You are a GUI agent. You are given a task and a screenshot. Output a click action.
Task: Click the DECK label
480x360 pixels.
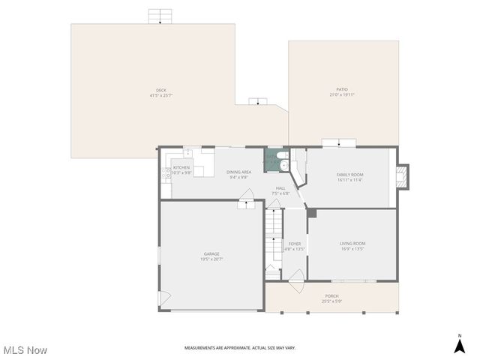[161, 90]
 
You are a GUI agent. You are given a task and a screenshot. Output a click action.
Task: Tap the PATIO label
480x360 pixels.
[342, 89]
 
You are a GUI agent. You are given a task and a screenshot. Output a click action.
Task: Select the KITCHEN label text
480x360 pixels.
[181, 167]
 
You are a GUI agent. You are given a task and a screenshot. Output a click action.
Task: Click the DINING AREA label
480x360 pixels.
[238, 172]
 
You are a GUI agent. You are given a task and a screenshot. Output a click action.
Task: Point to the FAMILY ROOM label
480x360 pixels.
[349, 175]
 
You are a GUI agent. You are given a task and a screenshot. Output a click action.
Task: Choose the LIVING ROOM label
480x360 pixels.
[352, 243]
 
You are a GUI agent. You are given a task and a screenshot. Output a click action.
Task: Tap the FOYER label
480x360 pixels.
[295, 243]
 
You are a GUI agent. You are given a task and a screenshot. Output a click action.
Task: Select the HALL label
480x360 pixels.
[280, 188]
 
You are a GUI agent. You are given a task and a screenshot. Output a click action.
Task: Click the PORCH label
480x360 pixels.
[331, 296]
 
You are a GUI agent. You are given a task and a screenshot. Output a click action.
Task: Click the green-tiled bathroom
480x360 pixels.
[274, 160]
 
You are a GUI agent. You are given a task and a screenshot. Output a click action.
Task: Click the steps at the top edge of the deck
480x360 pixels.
[160, 16]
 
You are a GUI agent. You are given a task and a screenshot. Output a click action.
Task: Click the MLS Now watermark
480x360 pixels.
[25, 350]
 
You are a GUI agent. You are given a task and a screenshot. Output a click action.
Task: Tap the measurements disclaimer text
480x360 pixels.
[240, 348]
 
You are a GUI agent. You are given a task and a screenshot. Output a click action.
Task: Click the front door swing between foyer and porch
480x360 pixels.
[295, 284]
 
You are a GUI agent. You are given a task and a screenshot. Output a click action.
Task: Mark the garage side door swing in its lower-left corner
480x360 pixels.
[164, 300]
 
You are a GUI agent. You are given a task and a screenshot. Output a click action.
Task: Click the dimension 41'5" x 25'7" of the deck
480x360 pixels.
[161, 95]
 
